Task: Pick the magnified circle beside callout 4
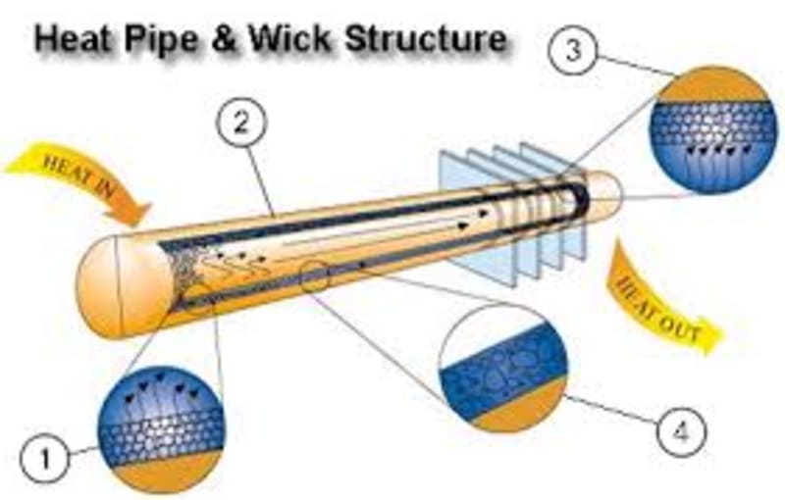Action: point(503,368)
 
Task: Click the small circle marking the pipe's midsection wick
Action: point(317,277)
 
